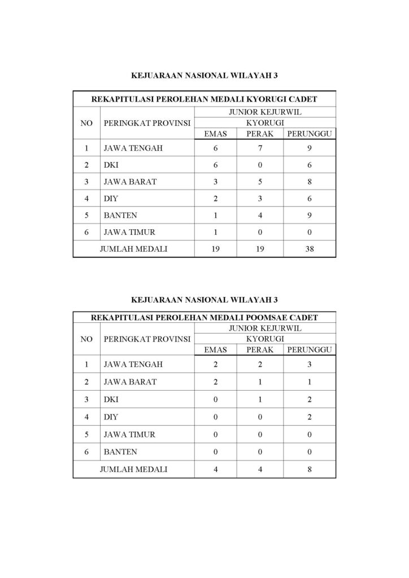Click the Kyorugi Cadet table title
204,99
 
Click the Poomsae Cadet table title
204,318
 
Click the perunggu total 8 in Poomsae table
310,468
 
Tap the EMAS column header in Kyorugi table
215,133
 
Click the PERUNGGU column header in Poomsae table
310,349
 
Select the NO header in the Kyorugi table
86,122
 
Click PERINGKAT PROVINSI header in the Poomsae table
146,339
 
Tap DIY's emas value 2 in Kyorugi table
215,198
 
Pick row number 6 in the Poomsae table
86,452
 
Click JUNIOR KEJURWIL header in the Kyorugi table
264,112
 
